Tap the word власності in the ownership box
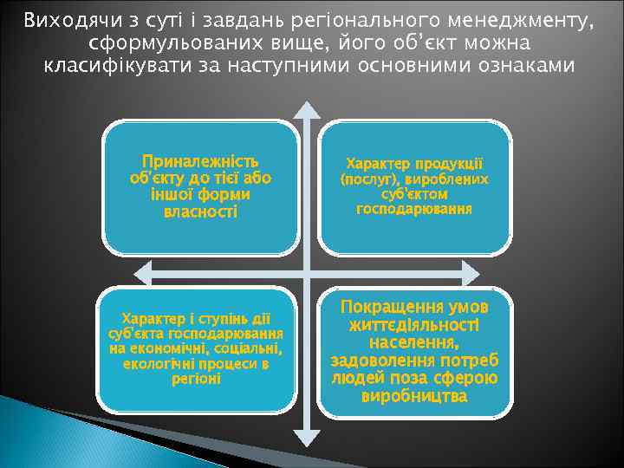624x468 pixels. (x=200, y=211)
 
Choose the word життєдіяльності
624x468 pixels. (x=414, y=325)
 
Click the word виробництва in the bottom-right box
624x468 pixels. (x=414, y=396)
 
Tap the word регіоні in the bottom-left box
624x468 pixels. (x=197, y=379)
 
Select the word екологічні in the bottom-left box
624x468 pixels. (x=155, y=364)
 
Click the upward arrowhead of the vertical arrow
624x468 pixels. (x=306, y=107)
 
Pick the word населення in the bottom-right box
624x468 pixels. (x=414, y=343)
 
